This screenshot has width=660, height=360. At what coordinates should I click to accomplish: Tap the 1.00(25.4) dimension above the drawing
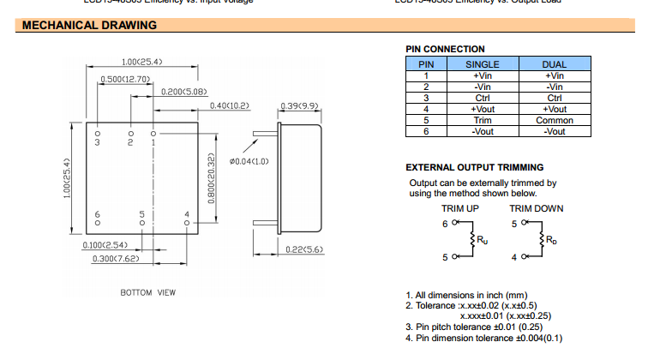(x=141, y=62)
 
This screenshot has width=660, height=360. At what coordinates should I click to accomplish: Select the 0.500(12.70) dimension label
(x=126, y=79)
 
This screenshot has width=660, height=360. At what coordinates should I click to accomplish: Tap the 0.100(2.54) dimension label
(x=105, y=245)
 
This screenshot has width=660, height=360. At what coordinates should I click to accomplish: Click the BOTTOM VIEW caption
(x=147, y=293)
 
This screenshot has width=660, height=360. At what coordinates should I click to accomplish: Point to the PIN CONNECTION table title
(x=445, y=49)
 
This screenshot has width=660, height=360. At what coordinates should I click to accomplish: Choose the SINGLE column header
(x=482, y=64)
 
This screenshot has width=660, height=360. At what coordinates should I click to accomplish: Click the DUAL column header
(x=555, y=64)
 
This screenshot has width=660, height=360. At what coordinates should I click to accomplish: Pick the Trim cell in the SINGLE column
(x=482, y=121)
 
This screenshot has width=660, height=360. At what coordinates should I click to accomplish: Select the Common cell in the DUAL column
(x=555, y=121)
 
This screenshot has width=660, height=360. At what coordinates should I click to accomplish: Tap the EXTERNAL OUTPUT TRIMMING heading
(x=474, y=167)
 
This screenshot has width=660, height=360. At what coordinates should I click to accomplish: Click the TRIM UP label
(x=459, y=208)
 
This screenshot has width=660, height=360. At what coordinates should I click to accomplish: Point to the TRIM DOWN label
(x=537, y=208)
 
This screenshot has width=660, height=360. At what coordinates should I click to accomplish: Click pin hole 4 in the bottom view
(x=187, y=223)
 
